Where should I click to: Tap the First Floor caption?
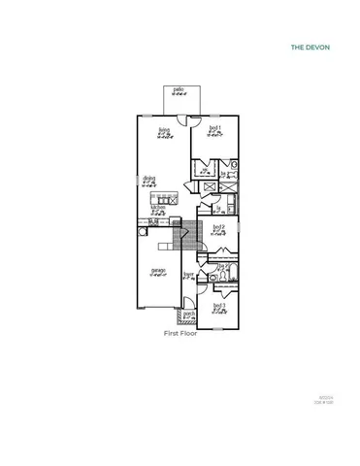coord(180,332)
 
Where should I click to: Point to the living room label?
coord(165,129)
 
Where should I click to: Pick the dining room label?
coord(149,179)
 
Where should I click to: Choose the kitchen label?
coord(157,208)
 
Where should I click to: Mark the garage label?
coord(157,270)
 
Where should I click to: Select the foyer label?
coord(190,275)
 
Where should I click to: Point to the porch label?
coord(189,314)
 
